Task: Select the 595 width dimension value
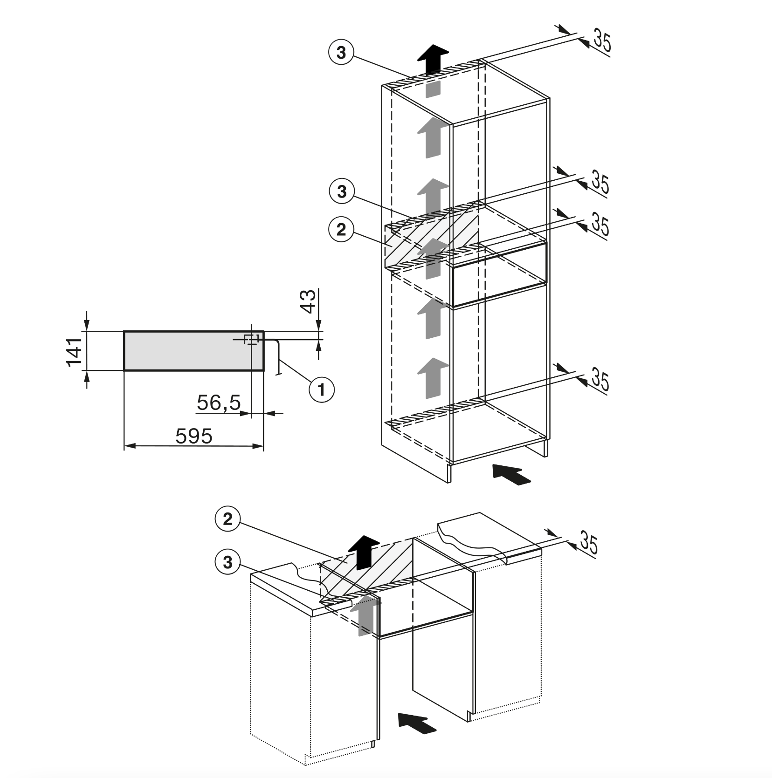coord(194,437)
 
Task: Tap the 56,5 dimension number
coord(219,403)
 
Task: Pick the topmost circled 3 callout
coord(341,53)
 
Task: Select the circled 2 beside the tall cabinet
coord(341,229)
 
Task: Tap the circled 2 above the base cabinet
coord(227,519)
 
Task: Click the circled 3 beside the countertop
coord(227,562)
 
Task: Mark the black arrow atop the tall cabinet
coord(433,60)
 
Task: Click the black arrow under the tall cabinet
coord(511,476)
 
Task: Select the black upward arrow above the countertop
coord(365,553)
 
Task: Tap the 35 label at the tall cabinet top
coord(602,40)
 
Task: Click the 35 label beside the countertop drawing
coord(588,543)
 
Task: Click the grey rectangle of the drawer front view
coord(193,351)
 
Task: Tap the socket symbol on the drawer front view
coord(252,339)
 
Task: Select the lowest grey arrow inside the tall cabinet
coord(433,378)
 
